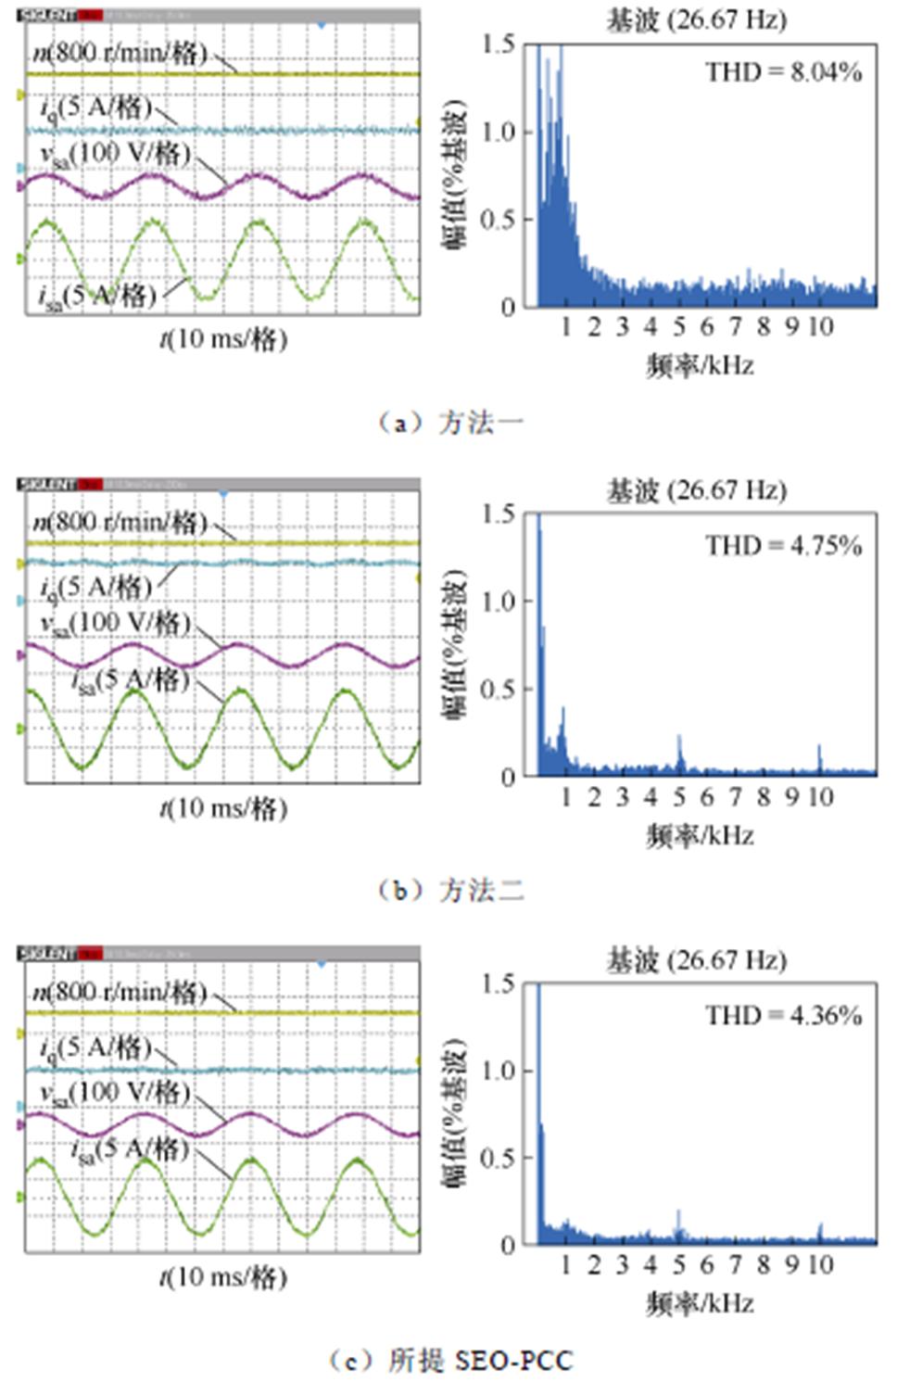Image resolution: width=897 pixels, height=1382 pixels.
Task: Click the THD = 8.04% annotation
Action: pos(783,72)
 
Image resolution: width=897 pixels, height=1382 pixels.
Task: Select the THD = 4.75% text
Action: pos(783,545)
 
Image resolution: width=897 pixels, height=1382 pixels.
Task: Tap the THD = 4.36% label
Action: pos(783,1015)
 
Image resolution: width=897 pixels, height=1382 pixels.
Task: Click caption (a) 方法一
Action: pos(451,424)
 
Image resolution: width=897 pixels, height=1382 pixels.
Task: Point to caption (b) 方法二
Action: pos(451,891)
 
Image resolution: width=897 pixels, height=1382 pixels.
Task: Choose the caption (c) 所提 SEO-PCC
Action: pos(451,1360)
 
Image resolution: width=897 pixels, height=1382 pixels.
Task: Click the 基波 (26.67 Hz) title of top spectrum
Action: pos(696,20)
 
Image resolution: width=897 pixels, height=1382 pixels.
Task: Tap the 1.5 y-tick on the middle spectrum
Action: pos(498,514)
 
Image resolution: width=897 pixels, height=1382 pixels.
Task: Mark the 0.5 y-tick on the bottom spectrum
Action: pos(498,1158)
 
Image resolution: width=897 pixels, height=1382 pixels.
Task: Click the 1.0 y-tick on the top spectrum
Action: pos(498,133)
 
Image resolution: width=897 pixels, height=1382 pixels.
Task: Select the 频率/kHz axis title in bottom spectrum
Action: pos(700,1304)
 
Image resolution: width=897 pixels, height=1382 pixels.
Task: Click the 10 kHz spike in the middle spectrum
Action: pos(819,755)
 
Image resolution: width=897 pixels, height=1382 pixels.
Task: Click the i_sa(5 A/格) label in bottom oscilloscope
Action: pos(130,1149)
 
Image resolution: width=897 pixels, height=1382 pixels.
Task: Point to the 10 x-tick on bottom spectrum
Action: pos(821,1264)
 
